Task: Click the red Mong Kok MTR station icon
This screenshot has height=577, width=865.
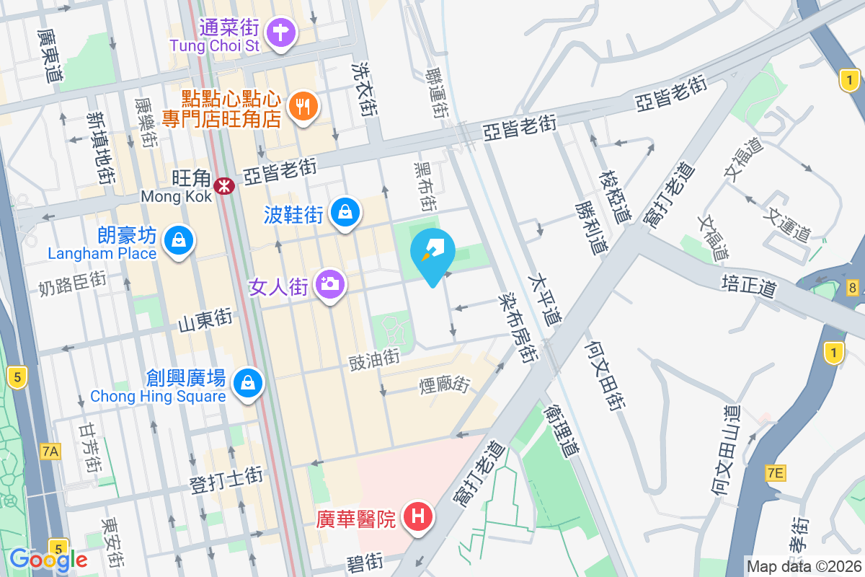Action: (x=226, y=187)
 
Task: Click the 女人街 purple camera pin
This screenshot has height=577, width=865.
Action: (x=331, y=284)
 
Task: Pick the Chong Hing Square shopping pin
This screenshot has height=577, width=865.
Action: (x=249, y=382)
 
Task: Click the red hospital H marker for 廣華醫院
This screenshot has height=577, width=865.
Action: (x=417, y=516)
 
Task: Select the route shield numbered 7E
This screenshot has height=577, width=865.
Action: (x=775, y=473)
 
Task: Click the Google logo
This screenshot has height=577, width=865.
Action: (x=48, y=560)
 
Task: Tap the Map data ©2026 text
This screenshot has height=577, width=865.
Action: (x=804, y=566)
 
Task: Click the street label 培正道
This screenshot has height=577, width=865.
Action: (x=749, y=286)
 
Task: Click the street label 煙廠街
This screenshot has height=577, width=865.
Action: (x=444, y=385)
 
